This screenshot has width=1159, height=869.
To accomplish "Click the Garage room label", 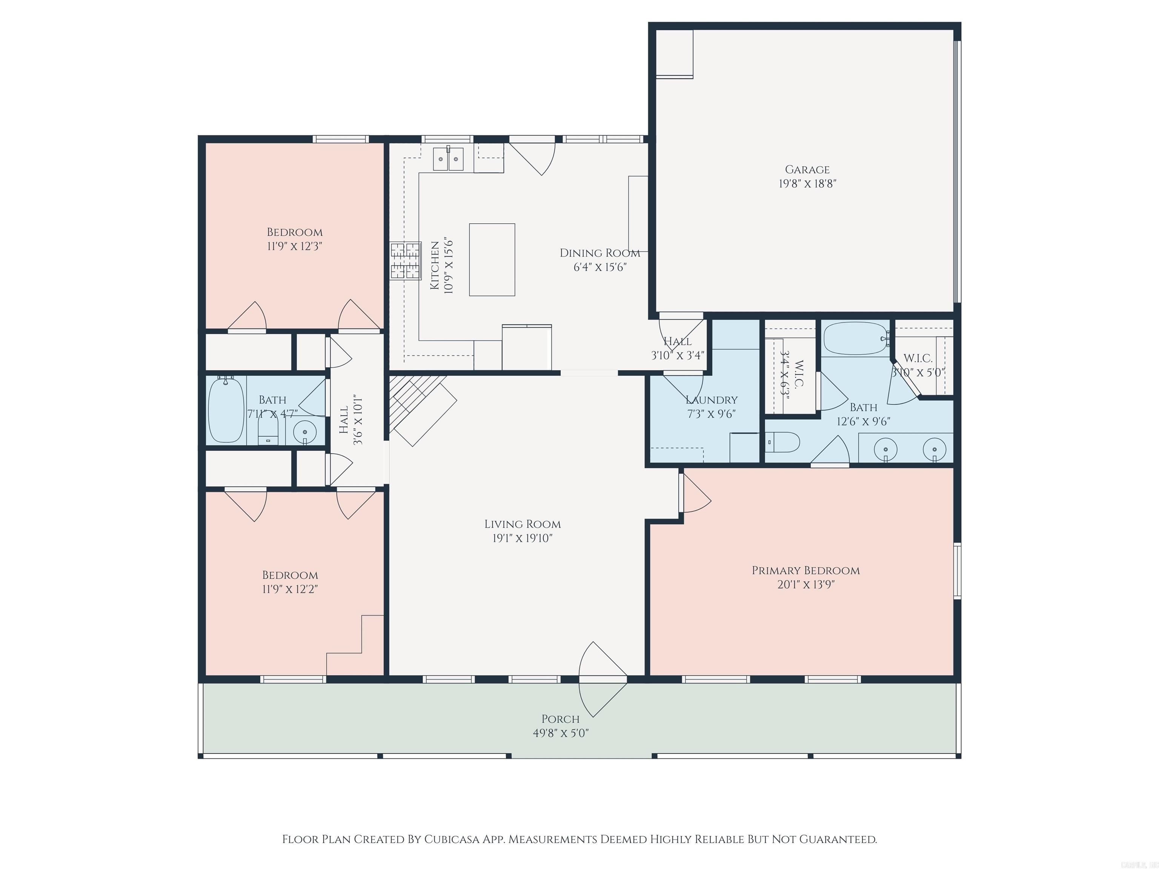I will click(x=807, y=169).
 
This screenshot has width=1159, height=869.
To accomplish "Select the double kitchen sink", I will click(x=448, y=159).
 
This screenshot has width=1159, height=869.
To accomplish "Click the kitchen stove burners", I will click(x=405, y=260).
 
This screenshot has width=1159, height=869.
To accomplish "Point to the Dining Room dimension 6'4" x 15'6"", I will click(x=600, y=267).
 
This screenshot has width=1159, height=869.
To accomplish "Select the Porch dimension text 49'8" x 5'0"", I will click(x=561, y=733).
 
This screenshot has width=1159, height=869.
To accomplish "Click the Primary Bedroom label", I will click(x=805, y=570).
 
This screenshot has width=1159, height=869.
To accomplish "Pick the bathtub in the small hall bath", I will click(x=226, y=410).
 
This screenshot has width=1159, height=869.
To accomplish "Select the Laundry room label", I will click(x=711, y=400).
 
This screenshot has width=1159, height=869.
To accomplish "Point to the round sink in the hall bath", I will click(x=305, y=433).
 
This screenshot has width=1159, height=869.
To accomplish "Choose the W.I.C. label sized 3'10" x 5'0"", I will click(x=918, y=359).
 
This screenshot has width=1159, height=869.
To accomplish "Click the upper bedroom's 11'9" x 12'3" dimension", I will click(x=294, y=246).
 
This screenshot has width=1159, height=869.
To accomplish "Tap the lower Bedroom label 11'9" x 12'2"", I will click(x=290, y=575).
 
